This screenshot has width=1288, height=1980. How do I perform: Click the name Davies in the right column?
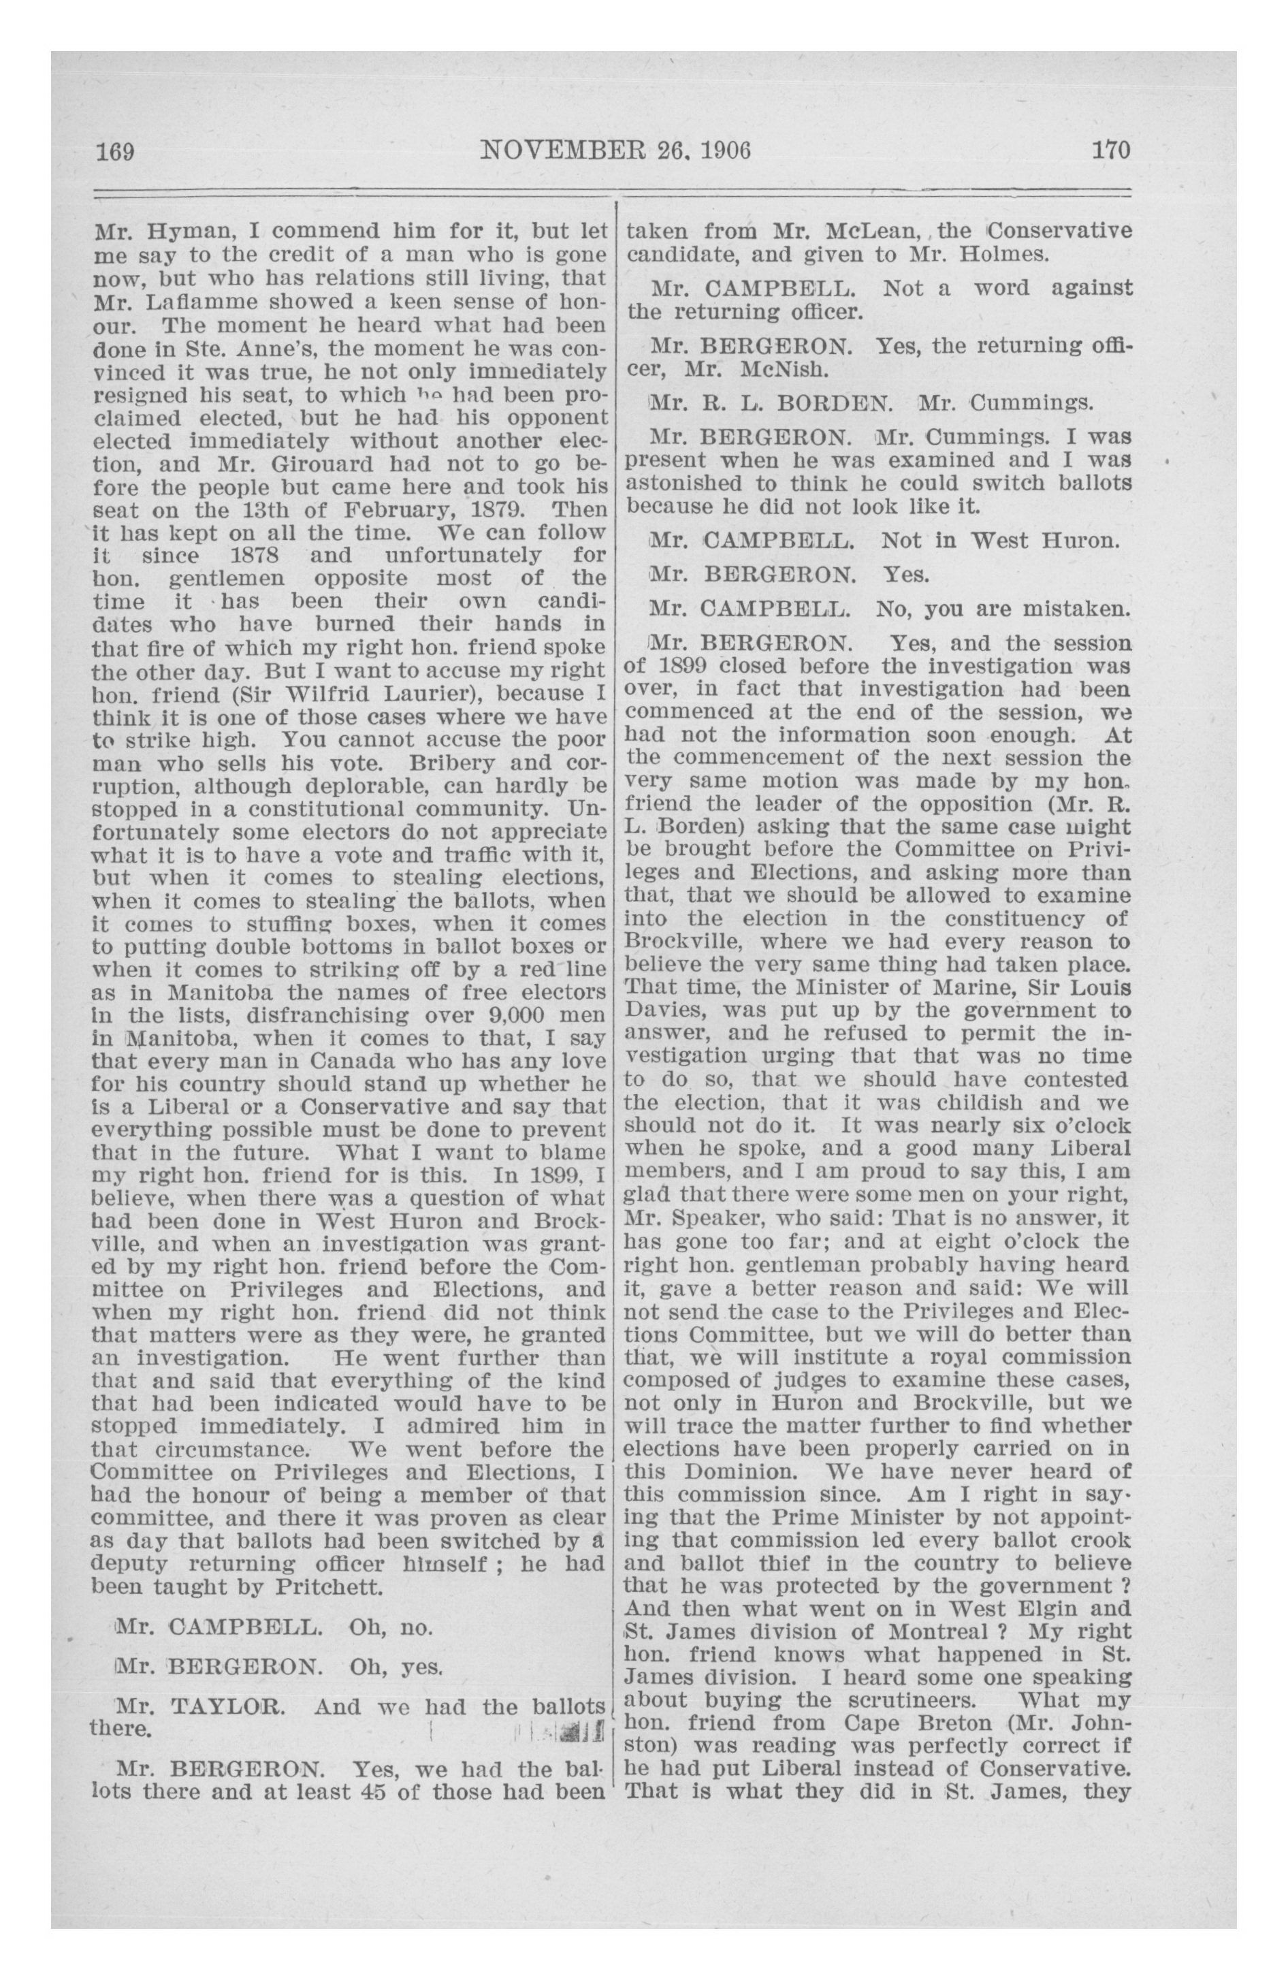(x=665, y=1011)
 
